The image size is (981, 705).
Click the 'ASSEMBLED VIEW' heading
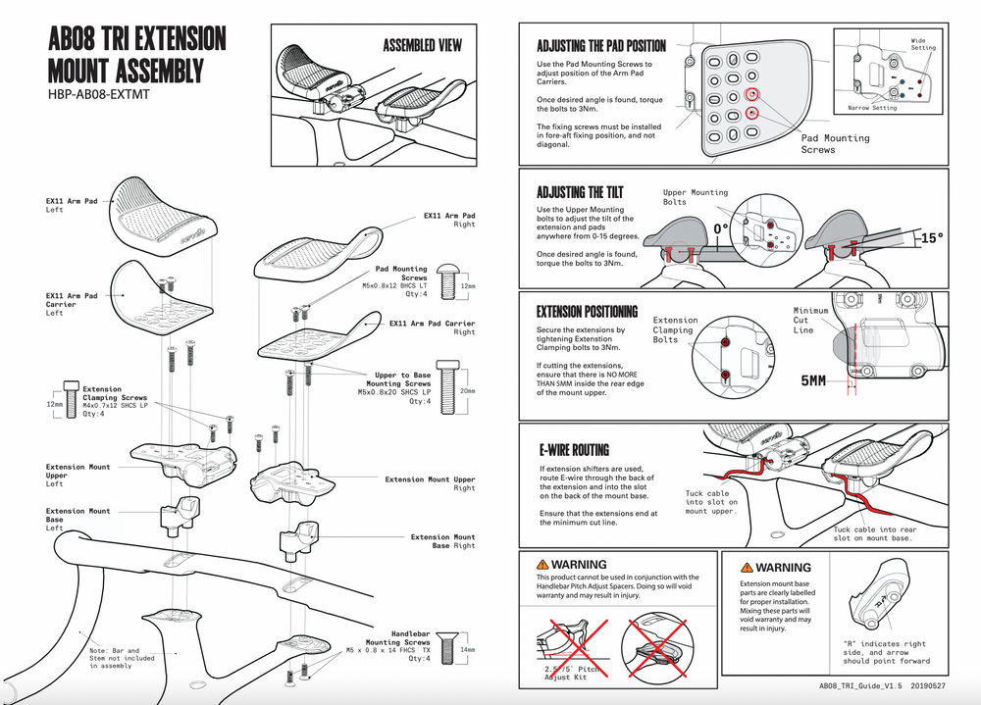[422, 45]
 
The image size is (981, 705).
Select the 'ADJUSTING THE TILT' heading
[580, 192]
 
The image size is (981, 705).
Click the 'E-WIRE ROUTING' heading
[574, 450]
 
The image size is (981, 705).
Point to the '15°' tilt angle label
[932, 238]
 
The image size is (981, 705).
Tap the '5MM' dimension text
[814, 380]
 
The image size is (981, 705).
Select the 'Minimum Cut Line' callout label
[810, 321]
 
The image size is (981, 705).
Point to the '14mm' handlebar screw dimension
[468, 650]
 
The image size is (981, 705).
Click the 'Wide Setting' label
[923, 43]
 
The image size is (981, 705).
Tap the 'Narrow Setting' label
[871, 108]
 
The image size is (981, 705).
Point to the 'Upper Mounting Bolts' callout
[696, 197]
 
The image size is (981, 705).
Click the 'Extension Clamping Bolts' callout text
[676, 329]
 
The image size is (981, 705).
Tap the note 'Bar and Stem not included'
[114, 658]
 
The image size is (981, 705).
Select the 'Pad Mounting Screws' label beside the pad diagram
[835, 143]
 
